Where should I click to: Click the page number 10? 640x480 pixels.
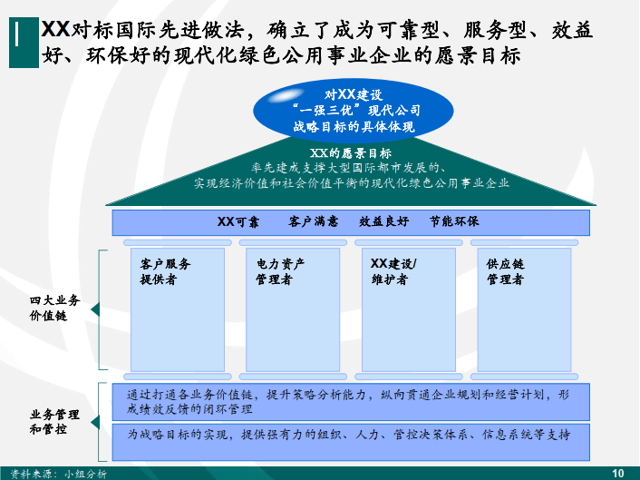pos(618,474)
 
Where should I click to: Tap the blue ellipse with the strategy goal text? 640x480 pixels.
pos(354,111)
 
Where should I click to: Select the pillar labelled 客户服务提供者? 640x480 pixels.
pos(178,309)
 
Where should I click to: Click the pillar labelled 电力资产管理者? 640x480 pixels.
pos(293,309)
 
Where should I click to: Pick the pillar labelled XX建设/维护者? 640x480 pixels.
pos(409,309)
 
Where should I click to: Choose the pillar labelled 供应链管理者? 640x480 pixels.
pos(524,309)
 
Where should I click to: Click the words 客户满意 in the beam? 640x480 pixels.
pos(313,221)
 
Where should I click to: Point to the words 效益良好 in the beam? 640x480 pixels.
pos(383,221)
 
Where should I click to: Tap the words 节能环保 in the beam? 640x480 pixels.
pos(454,221)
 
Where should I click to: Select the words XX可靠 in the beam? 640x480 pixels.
pos(238,221)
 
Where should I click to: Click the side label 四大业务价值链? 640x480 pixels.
pos(54,308)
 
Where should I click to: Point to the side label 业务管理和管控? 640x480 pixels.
pos(54,422)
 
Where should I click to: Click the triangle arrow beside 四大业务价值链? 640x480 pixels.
pos(95,309)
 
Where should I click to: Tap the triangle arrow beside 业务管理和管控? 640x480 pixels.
pos(95,423)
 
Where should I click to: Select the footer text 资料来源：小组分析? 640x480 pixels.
pos(58,474)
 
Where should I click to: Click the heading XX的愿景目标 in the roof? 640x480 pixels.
pos(351,153)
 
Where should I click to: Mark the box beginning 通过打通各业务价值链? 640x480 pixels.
pos(351,402)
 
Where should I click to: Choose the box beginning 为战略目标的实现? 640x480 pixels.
pos(351,443)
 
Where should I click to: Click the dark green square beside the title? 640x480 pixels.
pos(24,42)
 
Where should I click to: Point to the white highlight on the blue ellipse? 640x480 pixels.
pos(286,95)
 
